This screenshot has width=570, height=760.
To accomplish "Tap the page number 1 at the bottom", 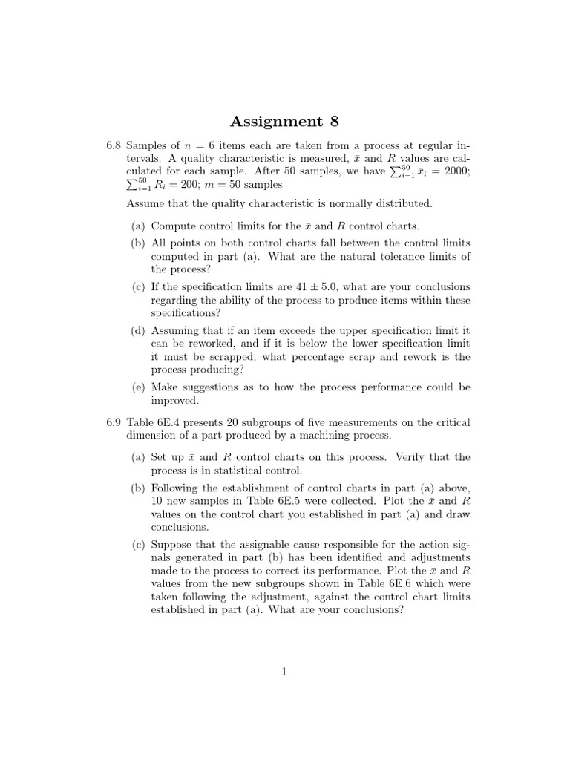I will pyautogui.click(x=284, y=672).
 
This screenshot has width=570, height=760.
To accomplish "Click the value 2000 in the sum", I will pyautogui.click(x=454, y=171).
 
